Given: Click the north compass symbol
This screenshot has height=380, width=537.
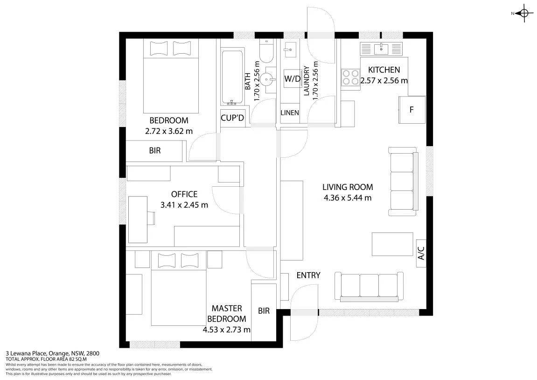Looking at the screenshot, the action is pyautogui.click(x=523, y=14).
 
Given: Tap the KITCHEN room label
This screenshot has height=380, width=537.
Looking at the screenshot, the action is pyautogui.click(x=384, y=70).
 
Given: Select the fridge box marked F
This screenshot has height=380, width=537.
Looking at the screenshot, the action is pyautogui.click(x=411, y=110).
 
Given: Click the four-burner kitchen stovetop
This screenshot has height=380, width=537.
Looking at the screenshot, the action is pyautogui.click(x=350, y=77).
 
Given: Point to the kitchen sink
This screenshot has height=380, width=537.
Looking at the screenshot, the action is pyautogui.click(x=381, y=49).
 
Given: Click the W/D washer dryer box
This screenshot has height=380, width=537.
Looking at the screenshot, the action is pyautogui.click(x=292, y=78).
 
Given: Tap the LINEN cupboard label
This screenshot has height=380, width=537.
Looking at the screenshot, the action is pyautogui.click(x=290, y=113).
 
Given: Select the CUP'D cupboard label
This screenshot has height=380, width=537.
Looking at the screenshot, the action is pyautogui.click(x=232, y=118).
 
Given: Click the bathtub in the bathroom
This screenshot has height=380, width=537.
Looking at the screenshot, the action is pyautogui.click(x=232, y=78).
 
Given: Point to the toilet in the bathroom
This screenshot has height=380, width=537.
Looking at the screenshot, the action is pyautogui.click(x=266, y=51).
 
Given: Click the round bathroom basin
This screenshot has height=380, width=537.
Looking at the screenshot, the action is pyautogui.click(x=267, y=80).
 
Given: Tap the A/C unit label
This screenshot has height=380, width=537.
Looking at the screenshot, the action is pyautogui.click(x=421, y=253).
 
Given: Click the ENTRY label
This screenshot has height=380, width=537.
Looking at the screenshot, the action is pyautogui.click(x=308, y=275).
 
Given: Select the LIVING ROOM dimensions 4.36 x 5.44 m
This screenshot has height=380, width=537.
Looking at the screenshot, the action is pyautogui.click(x=348, y=198).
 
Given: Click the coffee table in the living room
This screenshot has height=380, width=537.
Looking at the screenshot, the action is pyautogui.click(x=392, y=244).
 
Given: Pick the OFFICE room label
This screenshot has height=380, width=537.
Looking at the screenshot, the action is pyautogui.click(x=184, y=194).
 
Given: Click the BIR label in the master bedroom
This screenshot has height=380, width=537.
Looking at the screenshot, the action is pyautogui.click(x=264, y=311).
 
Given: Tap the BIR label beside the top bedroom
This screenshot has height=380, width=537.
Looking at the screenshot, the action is pyautogui.click(x=155, y=150).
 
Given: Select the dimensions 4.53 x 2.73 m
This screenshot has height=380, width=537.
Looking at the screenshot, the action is pyautogui.click(x=226, y=330).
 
